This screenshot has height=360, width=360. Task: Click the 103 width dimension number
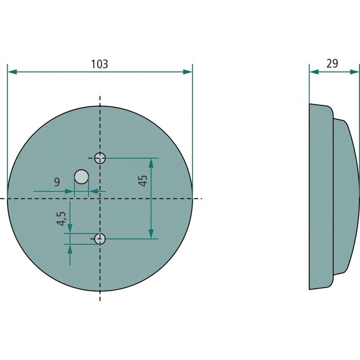click(99, 64)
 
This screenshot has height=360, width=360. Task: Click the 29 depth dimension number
click(332, 63)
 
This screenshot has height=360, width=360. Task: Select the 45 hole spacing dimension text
click(143, 181)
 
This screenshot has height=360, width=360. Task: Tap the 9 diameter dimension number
click(57, 182)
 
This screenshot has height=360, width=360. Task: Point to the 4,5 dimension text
click(62, 219)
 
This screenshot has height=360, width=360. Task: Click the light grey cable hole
click(81, 176)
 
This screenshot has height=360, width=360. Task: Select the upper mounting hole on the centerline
click(100, 158)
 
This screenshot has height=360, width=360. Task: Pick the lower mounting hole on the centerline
click(100, 238)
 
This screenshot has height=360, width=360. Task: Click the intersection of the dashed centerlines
click(100, 198)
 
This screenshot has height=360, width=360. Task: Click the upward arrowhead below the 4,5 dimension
click(70, 249)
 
